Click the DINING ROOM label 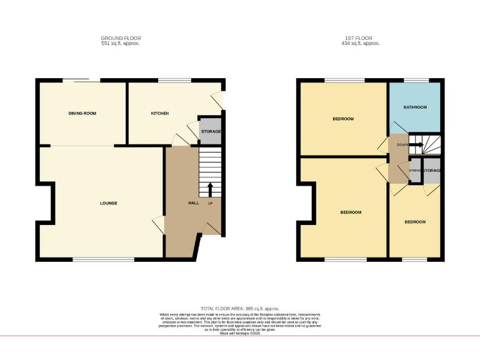(82, 113)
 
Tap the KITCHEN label (160, 113)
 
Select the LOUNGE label (108, 203)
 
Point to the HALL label (193, 203)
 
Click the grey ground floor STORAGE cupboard (211, 132)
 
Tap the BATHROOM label (414, 107)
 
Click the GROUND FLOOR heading (121, 38)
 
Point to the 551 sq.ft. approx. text (121, 44)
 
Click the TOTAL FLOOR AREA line (241, 309)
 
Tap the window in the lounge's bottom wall (103, 259)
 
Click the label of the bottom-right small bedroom (414, 222)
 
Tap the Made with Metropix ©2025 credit (241, 333)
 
